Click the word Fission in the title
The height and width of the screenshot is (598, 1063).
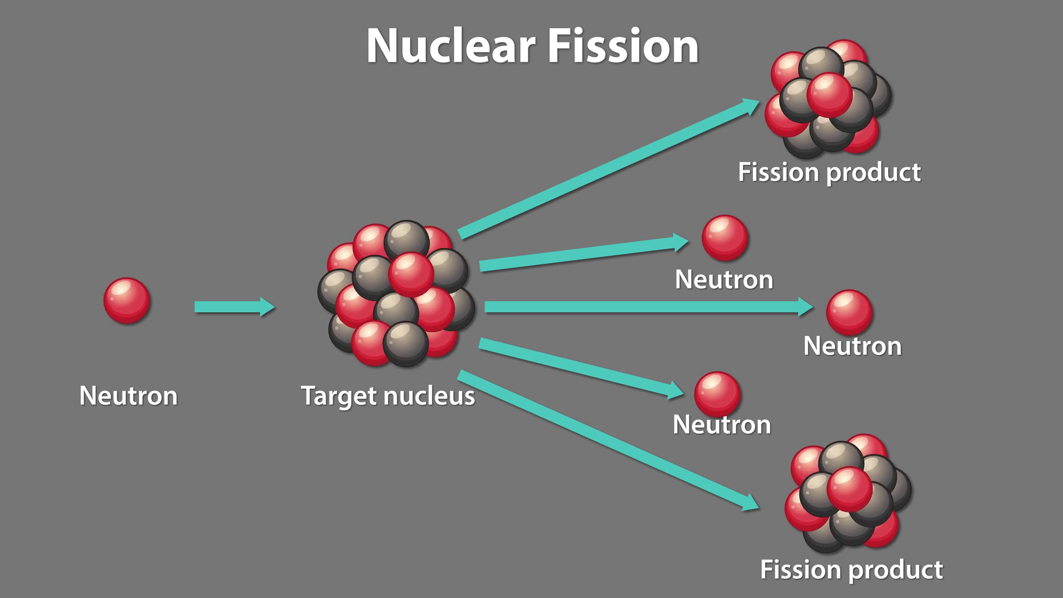coord(623,46)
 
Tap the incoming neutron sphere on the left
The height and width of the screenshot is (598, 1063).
coord(127,301)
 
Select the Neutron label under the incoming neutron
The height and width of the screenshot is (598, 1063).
coord(128,395)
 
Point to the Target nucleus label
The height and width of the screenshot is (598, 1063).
coord(388,396)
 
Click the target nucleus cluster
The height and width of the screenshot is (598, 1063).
coord(396,293)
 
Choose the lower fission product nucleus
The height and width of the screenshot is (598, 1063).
coord(848,493)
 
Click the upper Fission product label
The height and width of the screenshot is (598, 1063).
coord(829,172)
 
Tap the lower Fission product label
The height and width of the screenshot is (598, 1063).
coord(851,569)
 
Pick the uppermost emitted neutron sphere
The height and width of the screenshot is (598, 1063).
coord(725,238)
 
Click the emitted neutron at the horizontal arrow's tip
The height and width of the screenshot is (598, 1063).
coord(849,312)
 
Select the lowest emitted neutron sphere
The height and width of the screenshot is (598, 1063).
coord(717,394)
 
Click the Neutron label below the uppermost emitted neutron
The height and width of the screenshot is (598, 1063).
coord(724,280)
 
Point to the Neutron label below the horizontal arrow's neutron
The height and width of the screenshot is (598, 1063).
coord(852,346)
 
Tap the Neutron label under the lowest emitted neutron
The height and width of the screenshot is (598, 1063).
coord(721,425)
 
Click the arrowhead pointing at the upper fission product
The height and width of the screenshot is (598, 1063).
coord(750,106)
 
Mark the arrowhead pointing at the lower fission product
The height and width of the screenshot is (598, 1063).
coord(750,502)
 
